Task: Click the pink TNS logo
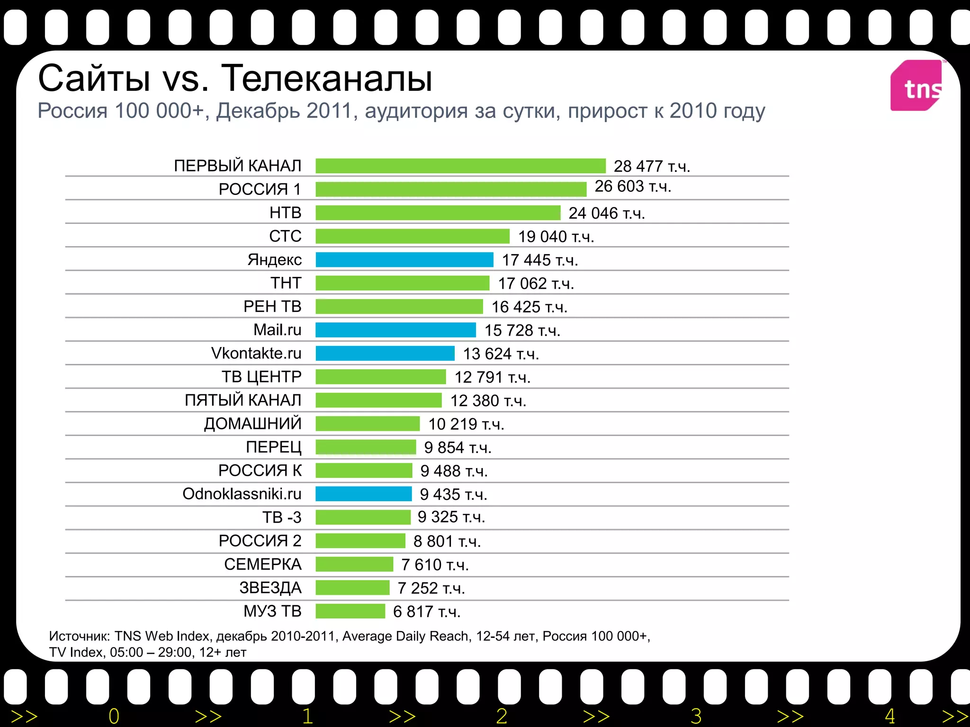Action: [x=916, y=86]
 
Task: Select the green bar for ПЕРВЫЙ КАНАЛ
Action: [x=460, y=166]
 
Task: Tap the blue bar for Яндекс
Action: [x=404, y=260]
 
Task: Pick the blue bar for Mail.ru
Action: [x=395, y=330]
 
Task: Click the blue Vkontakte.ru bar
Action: [x=385, y=354]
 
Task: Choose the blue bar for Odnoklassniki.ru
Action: [x=364, y=494]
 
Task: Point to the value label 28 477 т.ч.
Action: [x=652, y=167]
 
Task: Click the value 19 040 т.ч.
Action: [x=556, y=237]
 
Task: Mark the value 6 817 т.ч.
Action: [x=427, y=612]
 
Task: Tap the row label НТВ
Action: [x=286, y=213]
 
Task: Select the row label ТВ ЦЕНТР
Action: [x=261, y=377]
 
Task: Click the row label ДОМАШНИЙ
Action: [x=253, y=424]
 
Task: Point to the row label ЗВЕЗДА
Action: [x=270, y=588]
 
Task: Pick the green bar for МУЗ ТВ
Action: [x=350, y=612]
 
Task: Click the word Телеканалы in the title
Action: [x=327, y=79]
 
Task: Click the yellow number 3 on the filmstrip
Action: [x=696, y=716]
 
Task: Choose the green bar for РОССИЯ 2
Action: [x=360, y=541]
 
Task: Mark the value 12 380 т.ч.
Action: [x=488, y=401]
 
